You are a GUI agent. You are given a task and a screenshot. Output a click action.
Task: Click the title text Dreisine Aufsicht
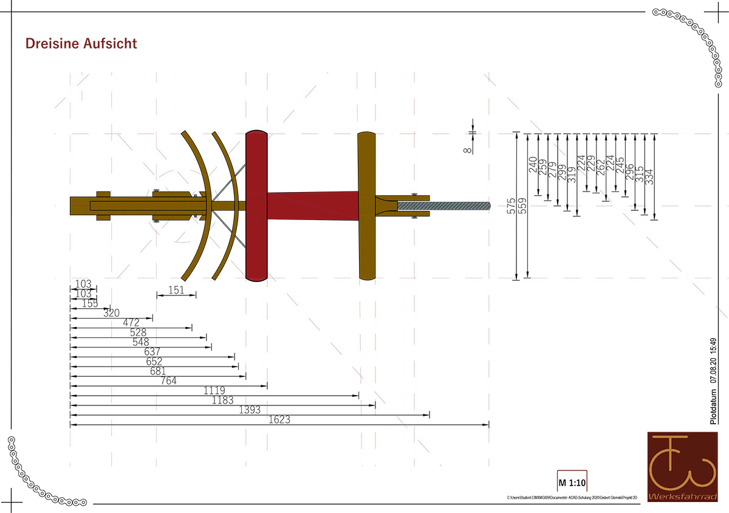pos(81,44)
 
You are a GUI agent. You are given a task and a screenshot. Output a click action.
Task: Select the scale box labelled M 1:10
pos(572,483)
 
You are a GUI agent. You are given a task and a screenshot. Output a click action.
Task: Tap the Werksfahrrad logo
pos(682,467)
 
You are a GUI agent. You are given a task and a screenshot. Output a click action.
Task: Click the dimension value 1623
pos(280,419)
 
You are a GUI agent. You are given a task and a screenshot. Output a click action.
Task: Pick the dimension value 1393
pos(250,410)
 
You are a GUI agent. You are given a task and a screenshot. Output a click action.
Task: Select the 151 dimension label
pos(176,290)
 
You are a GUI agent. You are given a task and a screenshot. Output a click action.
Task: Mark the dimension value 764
pos(168,381)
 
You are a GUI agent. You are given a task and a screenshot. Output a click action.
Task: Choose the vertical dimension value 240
pos(533,164)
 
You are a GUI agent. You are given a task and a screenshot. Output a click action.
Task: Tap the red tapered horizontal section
pos(313,205)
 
